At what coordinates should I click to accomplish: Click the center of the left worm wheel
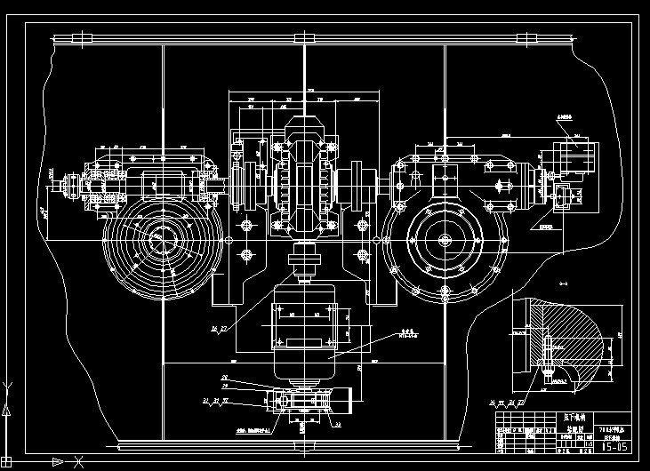(x=159, y=238)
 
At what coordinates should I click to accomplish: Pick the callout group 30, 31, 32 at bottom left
(x=216, y=402)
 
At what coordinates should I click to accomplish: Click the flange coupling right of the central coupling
(x=362, y=187)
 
